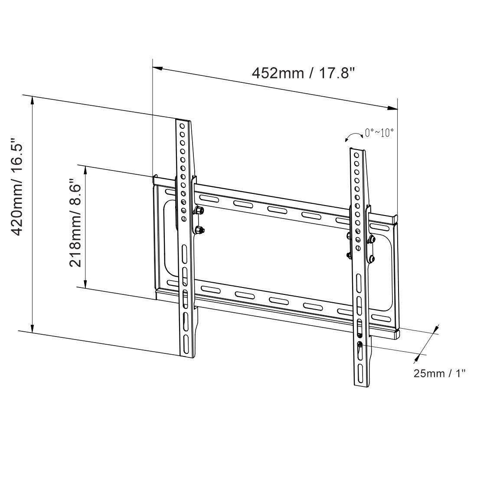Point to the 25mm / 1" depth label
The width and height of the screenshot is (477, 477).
point(439,373)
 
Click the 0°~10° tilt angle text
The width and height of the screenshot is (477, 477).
point(380,132)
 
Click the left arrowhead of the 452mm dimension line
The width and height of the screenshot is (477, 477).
point(157,69)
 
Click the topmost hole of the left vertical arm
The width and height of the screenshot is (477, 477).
point(183,125)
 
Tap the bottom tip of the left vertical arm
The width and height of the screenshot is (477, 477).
point(186,356)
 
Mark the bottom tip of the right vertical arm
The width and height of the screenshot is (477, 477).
point(363,385)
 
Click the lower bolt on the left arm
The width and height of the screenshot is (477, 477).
point(200,230)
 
